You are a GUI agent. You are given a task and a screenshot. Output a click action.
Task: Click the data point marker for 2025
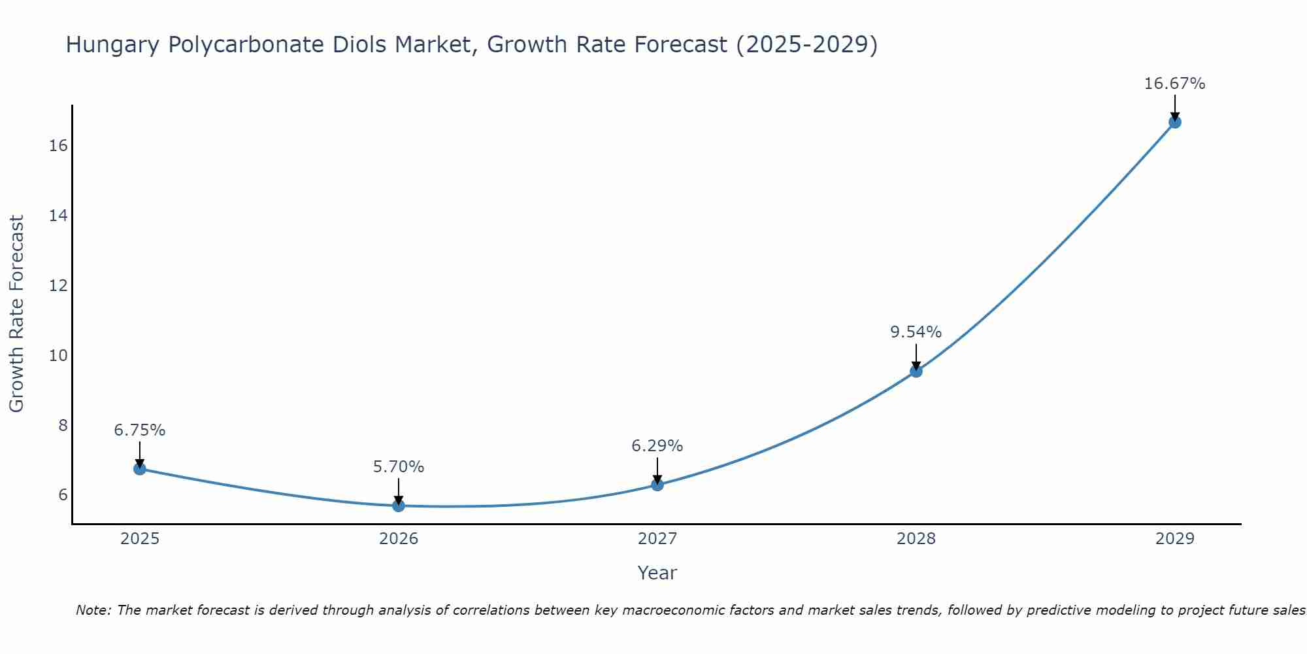coord(140,469)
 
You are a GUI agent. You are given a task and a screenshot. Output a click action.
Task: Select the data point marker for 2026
coord(399,506)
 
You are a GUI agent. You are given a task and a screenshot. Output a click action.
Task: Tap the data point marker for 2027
coord(657,485)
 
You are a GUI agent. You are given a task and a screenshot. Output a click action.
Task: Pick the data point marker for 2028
coord(916,371)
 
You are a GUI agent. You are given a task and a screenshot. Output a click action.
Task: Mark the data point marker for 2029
coord(1175,122)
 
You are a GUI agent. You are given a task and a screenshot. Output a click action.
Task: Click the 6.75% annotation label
coord(140,430)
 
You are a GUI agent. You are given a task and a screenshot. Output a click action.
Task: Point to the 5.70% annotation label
coord(399,467)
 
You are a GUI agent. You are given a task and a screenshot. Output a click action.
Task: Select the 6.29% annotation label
coord(657,446)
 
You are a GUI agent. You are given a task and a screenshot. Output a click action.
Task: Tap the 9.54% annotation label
coord(916,332)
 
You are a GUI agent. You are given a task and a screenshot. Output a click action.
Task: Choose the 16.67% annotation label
coord(1175,84)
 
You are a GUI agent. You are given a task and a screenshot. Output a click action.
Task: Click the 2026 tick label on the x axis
coord(399,539)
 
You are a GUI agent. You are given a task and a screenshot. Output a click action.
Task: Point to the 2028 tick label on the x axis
coord(916,539)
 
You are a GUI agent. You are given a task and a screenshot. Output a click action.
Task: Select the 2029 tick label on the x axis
coord(1175,539)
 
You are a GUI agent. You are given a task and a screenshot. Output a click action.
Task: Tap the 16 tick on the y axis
coord(58,145)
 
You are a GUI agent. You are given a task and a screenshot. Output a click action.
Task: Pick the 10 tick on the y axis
coord(58,355)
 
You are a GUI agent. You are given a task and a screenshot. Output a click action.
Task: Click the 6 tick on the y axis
coord(63,495)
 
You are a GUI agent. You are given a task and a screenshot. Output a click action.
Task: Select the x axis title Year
coord(657,573)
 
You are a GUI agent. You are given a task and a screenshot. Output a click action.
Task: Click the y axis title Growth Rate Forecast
coord(16,314)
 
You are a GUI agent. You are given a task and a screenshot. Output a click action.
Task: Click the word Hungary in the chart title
coord(112,45)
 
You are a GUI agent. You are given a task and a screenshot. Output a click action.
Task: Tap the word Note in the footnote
coord(94,610)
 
